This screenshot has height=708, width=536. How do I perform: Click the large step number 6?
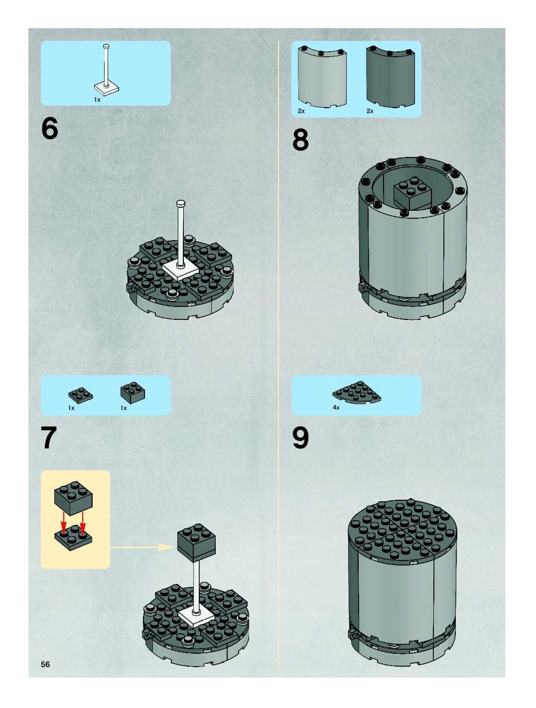[50, 128]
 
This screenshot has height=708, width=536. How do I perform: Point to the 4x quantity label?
[336, 408]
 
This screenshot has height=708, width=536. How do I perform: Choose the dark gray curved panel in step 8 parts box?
[391, 77]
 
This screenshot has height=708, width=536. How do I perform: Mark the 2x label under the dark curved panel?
[370, 111]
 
